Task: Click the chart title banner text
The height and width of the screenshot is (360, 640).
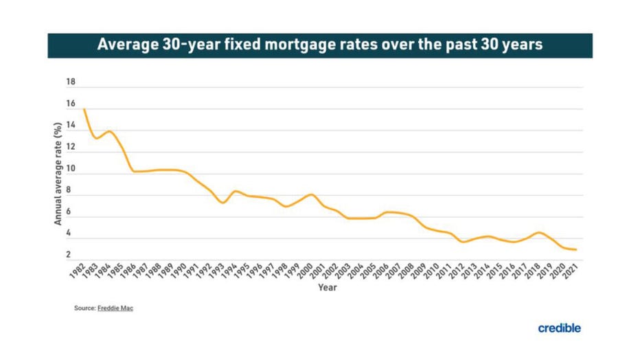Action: pyautogui.click(x=320, y=45)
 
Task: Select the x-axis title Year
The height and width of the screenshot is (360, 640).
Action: pyautogui.click(x=327, y=287)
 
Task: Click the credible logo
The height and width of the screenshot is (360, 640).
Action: pyautogui.click(x=559, y=328)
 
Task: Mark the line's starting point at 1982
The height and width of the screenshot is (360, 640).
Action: pyautogui.click(x=84, y=109)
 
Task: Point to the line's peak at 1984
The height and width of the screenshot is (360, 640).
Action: pyautogui.click(x=109, y=131)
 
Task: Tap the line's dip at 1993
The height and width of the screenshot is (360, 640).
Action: pyautogui.click(x=222, y=203)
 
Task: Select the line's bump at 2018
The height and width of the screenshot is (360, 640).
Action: pyautogui.click(x=540, y=233)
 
